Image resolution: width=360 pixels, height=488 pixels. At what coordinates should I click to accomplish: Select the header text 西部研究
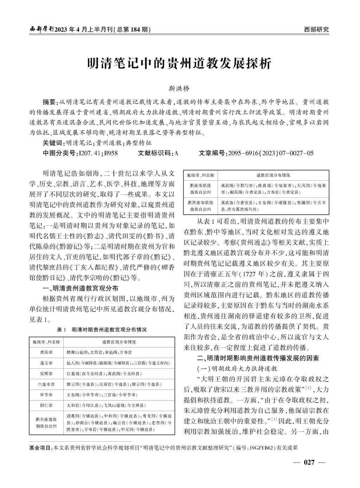pyautogui.click(x=316, y=30)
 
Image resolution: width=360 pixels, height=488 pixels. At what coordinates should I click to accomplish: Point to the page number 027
pyautogui.click(x=309, y=462)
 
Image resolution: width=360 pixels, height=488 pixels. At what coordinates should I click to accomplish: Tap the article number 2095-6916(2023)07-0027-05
pyautogui.click(x=271, y=153)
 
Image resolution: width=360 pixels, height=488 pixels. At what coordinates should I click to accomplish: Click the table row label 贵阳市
pyautogui.click(x=46, y=352)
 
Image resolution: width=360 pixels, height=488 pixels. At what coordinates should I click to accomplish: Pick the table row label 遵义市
pyautogui.click(x=46, y=363)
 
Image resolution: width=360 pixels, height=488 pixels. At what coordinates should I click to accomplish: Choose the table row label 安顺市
pyautogui.click(x=46, y=373)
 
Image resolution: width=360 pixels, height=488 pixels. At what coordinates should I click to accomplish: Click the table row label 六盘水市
pyautogui.click(x=46, y=384)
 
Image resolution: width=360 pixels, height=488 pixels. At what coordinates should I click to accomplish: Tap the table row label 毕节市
pyautogui.click(x=46, y=395)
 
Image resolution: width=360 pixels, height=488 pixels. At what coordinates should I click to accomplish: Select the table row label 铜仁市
pyautogui.click(x=46, y=405)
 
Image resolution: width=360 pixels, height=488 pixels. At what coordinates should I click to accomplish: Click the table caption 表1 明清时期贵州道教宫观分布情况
pyautogui.click(x=102, y=330)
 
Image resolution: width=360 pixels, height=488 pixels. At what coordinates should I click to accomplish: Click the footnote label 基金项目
pyautogui.click(x=40, y=448)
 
